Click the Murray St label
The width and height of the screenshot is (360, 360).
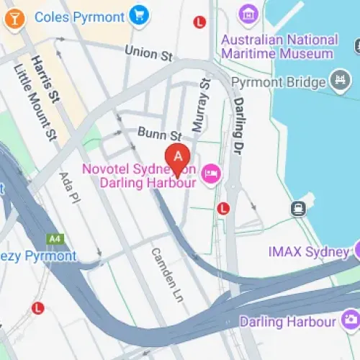[x=199, y=107]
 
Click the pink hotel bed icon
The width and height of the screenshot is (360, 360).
[x=211, y=173]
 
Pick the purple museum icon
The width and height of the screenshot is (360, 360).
[x=248, y=13]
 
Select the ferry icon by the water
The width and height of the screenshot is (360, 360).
[x=297, y=209]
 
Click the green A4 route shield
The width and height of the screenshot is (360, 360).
[x=55, y=238]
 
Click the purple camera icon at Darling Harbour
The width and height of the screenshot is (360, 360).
[x=351, y=319]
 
